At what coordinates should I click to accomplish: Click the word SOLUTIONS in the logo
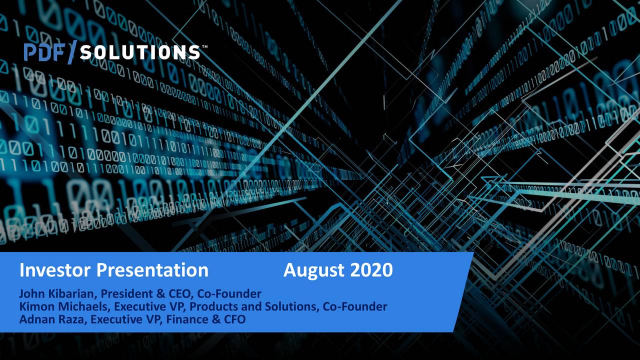pos(139,52)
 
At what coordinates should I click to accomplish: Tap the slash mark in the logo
pos(71,52)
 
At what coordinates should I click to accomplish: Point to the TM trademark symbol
pos(204,47)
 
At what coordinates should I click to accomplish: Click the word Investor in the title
pos(55,270)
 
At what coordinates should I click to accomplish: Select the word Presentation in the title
pos(152,270)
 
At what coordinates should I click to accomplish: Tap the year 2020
pos(371,270)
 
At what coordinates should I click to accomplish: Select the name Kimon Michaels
pos(64,306)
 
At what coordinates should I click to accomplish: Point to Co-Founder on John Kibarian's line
pos(229,293)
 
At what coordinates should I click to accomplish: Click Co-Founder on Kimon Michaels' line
pos(355,306)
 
